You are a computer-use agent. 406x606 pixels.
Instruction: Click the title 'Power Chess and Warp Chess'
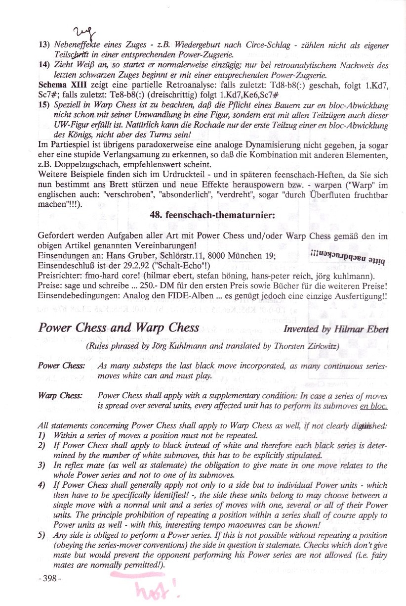click(x=119, y=328)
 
